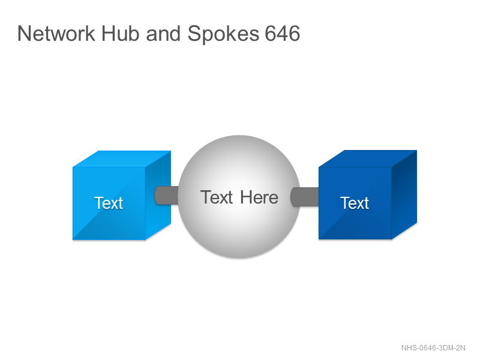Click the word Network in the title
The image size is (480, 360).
(x=56, y=34)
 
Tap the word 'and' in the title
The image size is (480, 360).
(x=163, y=34)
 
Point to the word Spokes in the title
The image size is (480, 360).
(x=223, y=34)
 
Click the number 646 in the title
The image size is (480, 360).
(x=282, y=34)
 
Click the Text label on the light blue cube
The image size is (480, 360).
(x=109, y=203)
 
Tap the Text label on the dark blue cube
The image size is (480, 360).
(x=355, y=203)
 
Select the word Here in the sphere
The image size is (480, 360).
(x=259, y=197)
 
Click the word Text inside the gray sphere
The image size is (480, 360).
(x=217, y=197)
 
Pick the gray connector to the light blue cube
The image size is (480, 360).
(x=167, y=196)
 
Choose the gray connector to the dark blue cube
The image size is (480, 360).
(x=304, y=197)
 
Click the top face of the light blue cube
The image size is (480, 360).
(x=122, y=159)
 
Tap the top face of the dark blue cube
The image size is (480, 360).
(x=368, y=158)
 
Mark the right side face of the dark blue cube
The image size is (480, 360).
(x=404, y=194)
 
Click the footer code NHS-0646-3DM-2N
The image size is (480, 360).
(x=433, y=348)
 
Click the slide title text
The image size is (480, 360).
(x=158, y=34)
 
